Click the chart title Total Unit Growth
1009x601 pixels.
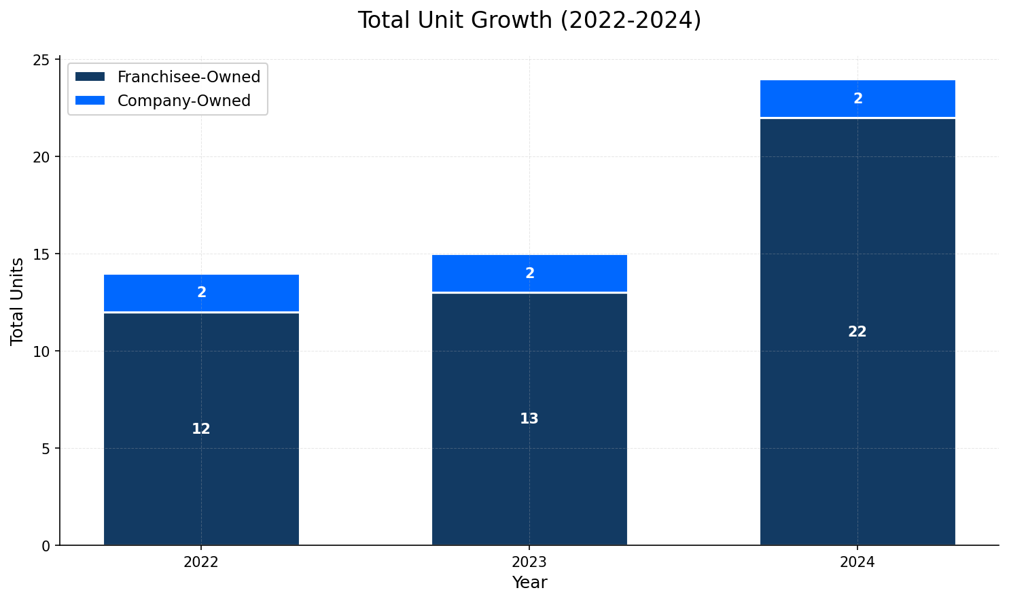529,20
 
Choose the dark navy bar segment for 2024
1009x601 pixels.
857,408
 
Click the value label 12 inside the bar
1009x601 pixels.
201,430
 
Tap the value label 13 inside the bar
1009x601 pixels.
529,419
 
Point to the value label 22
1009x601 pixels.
857,332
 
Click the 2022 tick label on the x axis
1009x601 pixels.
201,563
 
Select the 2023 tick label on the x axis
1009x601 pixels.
529,563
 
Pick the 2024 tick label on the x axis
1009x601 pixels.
857,563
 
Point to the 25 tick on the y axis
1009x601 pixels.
42,60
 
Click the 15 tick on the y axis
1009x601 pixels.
42,254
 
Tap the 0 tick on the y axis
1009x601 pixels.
46,546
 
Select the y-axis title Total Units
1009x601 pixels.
18,301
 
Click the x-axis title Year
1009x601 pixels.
529,583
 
